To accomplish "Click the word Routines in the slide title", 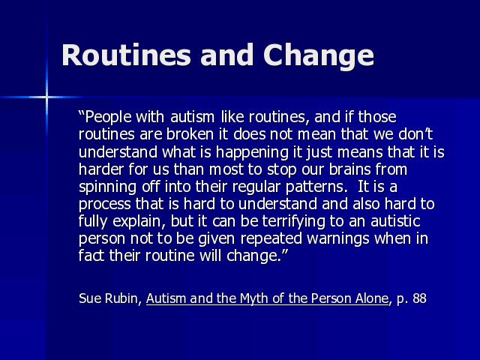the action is (x=126, y=55).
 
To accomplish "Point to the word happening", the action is (x=252, y=152).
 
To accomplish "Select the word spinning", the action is (x=107, y=187).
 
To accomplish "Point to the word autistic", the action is (x=395, y=221).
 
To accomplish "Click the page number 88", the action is (x=419, y=298).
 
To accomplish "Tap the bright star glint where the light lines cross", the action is (x=46, y=97).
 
